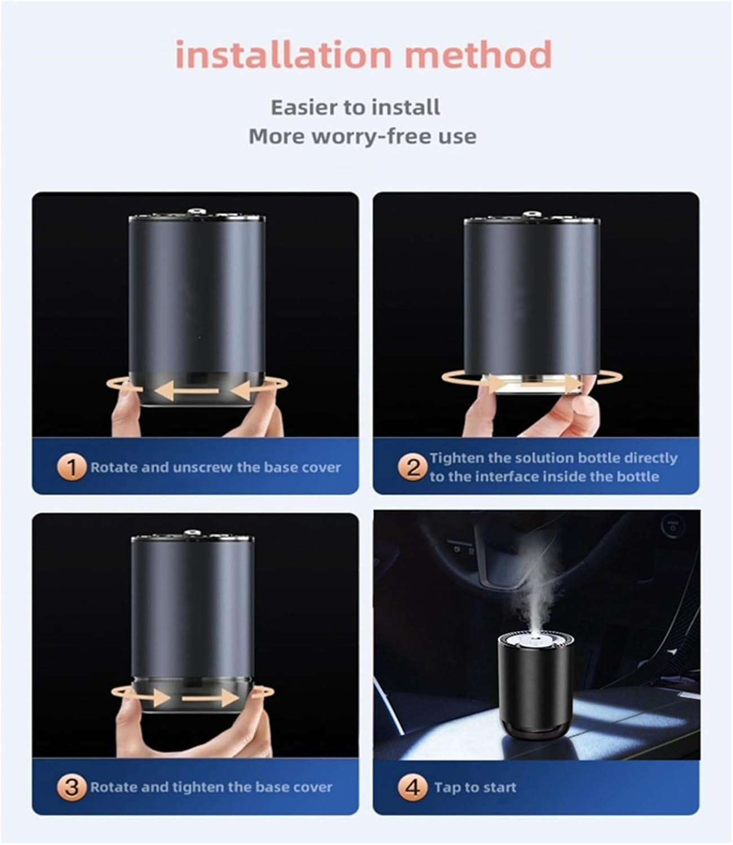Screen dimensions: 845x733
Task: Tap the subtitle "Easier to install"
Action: [356, 107]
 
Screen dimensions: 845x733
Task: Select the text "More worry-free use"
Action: [362, 136]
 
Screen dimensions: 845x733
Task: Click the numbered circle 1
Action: [71, 468]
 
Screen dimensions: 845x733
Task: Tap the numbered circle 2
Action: [413, 468]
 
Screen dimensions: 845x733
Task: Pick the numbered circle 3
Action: [71, 787]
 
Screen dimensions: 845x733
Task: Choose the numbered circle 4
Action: [413, 787]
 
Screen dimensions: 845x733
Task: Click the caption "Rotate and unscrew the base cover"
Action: [215, 468]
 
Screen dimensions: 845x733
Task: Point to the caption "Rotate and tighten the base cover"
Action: [211, 787]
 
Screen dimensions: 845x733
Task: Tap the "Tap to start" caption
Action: [474, 787]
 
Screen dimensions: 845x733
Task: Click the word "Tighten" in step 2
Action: [455, 458]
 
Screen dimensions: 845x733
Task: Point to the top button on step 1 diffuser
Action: [196, 213]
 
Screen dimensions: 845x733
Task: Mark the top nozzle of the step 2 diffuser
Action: [530, 215]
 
